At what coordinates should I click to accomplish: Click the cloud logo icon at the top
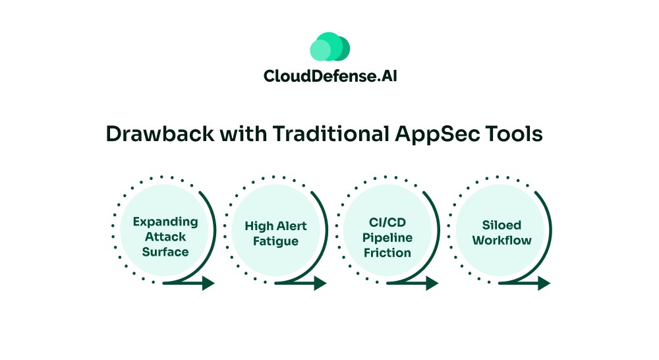[329, 47]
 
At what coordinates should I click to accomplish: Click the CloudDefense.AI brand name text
[329, 76]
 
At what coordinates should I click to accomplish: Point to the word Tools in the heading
[518, 134]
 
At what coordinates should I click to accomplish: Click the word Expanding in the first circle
[165, 222]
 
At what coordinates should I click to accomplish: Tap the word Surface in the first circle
[165, 252]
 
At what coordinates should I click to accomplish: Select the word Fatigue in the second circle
[275, 241]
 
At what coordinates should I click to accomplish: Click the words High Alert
[275, 226]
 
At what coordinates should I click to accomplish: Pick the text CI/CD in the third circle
[387, 222]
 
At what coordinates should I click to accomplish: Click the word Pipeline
[387, 237]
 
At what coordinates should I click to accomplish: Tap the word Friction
[387, 253]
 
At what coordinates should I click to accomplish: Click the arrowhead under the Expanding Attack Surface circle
[208, 284]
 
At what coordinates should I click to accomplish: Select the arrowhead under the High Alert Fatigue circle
[320, 284]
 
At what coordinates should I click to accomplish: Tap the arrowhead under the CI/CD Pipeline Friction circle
[432, 284]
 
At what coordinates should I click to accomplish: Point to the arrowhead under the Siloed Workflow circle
[544, 284]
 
